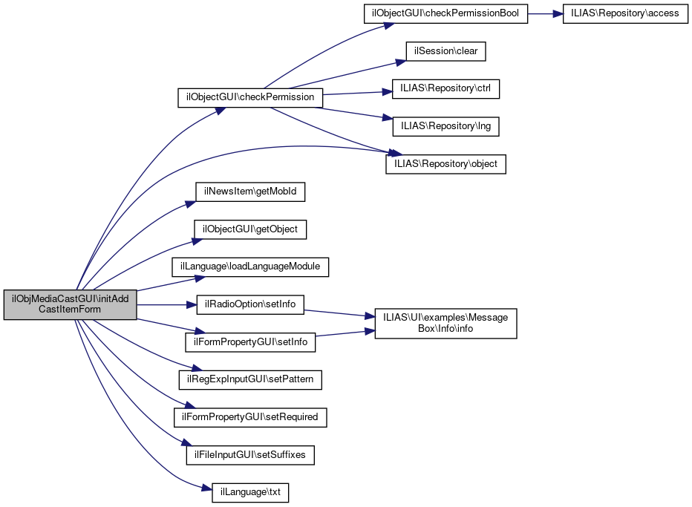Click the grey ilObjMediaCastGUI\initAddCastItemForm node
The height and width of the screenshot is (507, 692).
pyautogui.click(x=70, y=304)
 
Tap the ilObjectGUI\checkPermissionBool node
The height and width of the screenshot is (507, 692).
pyautogui.click(x=445, y=15)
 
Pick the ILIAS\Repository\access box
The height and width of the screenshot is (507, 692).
pyautogui.click(x=624, y=15)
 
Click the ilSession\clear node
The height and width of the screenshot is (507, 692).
pyautogui.click(x=445, y=52)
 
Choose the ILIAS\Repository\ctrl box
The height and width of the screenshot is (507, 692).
pyautogui.click(x=445, y=89)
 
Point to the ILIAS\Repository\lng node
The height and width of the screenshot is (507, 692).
pyautogui.click(x=445, y=126)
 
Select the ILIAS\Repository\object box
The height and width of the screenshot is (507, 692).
pyautogui.click(x=445, y=163)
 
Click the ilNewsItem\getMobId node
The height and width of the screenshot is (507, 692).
pyautogui.click(x=250, y=192)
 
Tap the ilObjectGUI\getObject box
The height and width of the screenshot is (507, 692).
pyautogui.click(x=250, y=229)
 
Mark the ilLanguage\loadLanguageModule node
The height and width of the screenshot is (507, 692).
pyautogui.click(x=250, y=266)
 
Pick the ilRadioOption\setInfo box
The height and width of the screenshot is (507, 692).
pyautogui.click(x=250, y=304)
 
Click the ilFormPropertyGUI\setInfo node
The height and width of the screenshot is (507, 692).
pyautogui.click(x=250, y=342)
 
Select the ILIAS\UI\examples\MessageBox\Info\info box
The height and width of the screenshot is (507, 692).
pyautogui.click(x=445, y=323)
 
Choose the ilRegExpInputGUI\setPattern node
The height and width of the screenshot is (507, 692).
pyautogui.click(x=250, y=379)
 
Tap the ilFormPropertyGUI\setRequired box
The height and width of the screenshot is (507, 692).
pyautogui.click(x=250, y=416)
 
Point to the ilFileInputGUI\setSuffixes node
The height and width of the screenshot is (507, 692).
pyautogui.click(x=250, y=454)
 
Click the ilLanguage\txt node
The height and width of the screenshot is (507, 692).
pyautogui.click(x=250, y=491)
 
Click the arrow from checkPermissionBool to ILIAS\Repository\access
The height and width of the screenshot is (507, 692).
pyautogui.click(x=545, y=15)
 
